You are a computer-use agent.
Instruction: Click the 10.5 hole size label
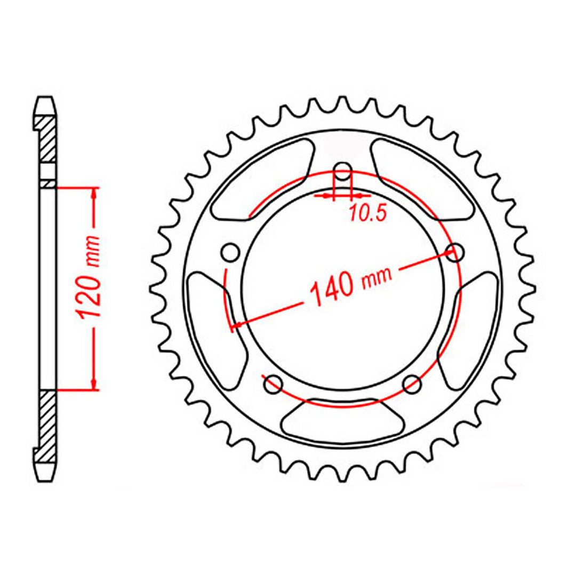[367, 213]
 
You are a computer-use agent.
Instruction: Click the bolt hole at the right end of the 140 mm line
[454, 253]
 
